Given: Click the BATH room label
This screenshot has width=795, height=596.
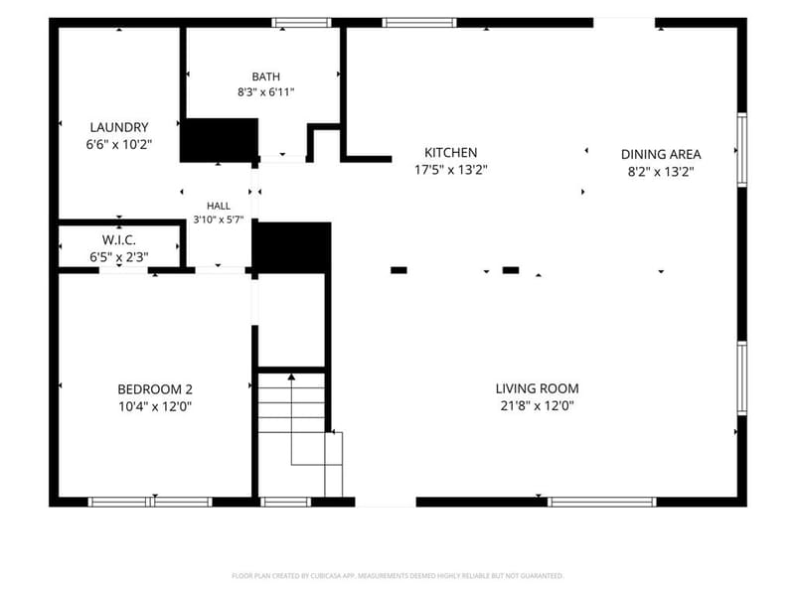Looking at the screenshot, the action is point(265,76).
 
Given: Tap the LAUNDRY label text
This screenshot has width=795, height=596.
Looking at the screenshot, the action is point(119,127).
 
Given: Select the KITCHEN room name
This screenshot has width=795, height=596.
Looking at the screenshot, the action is point(451,153).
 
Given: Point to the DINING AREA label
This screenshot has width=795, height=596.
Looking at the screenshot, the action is point(661,154).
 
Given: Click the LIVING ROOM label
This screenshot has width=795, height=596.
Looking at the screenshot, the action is point(537,388).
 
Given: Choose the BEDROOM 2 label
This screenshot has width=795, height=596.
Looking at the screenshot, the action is point(155,389).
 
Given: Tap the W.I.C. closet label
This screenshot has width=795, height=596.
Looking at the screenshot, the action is point(118,239).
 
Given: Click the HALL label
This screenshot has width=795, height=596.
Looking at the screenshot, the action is point(219,206).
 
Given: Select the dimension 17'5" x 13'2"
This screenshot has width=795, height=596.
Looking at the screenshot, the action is point(451,169).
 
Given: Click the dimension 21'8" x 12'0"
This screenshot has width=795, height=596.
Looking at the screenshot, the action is point(537,405).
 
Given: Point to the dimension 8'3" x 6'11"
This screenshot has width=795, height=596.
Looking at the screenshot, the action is point(265,92).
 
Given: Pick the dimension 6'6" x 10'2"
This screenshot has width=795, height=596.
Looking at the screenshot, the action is point(119,144).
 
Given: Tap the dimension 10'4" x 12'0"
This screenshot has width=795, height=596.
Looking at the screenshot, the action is point(155,406).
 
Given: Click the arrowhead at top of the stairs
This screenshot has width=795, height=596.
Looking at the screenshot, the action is point(291,376).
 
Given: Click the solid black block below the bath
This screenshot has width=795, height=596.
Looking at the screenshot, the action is point(220,140).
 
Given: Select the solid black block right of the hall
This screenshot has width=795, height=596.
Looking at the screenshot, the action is point(291,247).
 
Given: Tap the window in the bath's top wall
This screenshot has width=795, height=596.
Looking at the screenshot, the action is point(301,23).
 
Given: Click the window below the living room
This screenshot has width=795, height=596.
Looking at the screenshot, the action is point(602,503).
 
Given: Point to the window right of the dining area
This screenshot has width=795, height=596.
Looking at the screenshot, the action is point(741,150).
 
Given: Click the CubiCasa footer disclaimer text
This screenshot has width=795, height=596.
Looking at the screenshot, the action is point(397,576).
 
